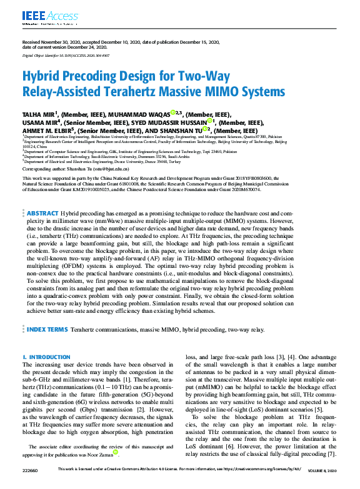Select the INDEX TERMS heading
point(47,328)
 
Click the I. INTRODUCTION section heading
point(46,357)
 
